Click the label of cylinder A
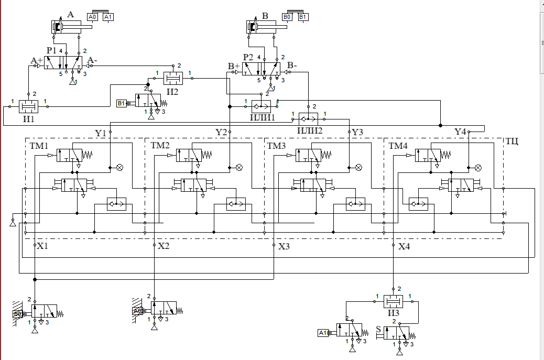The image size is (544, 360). tap(70, 15)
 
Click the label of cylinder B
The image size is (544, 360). tap(265, 16)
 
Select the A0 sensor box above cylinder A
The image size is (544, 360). tap(93, 17)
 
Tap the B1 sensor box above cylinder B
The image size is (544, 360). tap(303, 17)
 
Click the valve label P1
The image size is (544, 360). tap(51, 50)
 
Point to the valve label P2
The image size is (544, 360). tap(248, 57)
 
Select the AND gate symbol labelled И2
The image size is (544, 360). tap(172, 79)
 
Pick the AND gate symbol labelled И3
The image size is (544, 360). tap(393, 302)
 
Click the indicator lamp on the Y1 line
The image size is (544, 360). tap(119, 168)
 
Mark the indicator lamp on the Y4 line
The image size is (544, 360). tap(478, 168)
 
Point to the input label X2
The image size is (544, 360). tap(164, 246)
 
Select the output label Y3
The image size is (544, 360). tap(357, 132)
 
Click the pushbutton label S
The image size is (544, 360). tap(378, 329)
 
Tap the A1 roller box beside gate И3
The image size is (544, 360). tap(323, 332)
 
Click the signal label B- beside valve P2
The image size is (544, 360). tap(292, 66)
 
